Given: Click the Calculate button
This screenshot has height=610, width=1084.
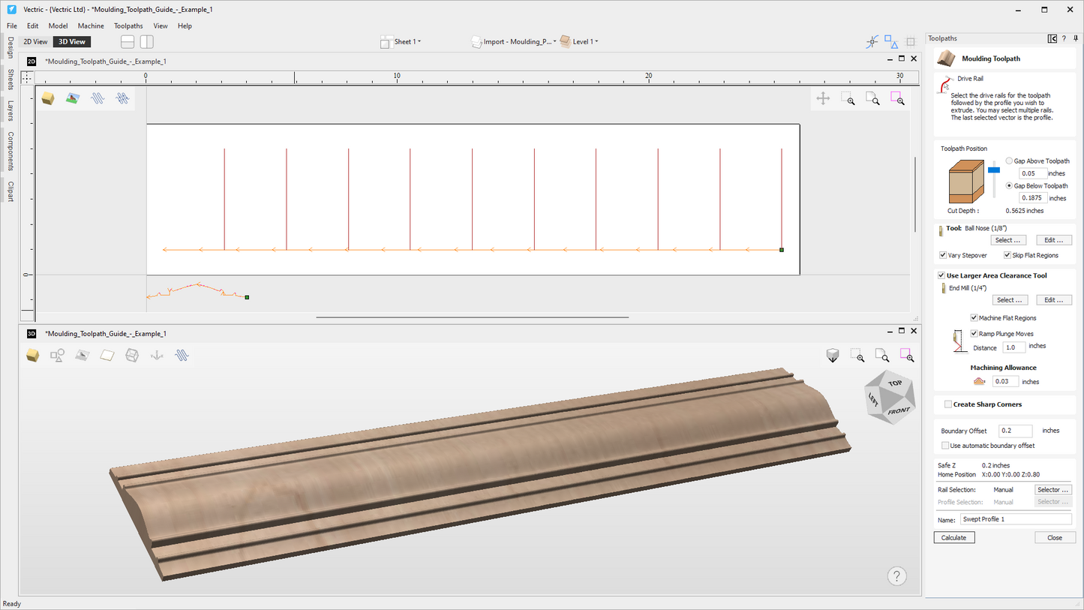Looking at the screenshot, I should (953, 538).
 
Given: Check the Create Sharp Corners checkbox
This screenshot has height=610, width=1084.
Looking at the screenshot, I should (948, 404).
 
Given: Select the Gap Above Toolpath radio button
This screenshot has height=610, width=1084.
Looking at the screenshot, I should (1009, 161).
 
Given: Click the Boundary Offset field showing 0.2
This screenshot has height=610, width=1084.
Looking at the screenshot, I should (1015, 431).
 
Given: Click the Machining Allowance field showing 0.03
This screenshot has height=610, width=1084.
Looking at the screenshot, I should (1005, 382).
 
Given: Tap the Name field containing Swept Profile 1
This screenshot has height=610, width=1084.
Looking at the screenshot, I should (1015, 519).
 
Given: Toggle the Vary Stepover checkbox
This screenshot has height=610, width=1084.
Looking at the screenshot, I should (943, 256).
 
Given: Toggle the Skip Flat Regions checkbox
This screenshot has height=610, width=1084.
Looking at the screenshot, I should (1007, 256).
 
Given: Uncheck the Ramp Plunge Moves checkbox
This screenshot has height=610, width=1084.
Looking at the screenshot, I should (974, 334).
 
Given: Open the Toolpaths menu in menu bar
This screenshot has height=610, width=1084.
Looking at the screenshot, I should (128, 26).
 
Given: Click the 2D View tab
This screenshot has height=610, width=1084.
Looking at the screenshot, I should (35, 42).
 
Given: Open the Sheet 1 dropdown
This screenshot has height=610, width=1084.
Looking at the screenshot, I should (407, 42).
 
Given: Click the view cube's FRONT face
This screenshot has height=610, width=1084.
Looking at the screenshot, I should (898, 410).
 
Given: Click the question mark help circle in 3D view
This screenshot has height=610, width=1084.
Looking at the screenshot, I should (896, 576).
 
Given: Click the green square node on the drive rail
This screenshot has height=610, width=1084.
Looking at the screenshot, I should (782, 250).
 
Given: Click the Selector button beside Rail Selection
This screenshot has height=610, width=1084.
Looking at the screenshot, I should (1052, 490).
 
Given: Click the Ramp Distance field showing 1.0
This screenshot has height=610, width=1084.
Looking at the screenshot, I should (1013, 347).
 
